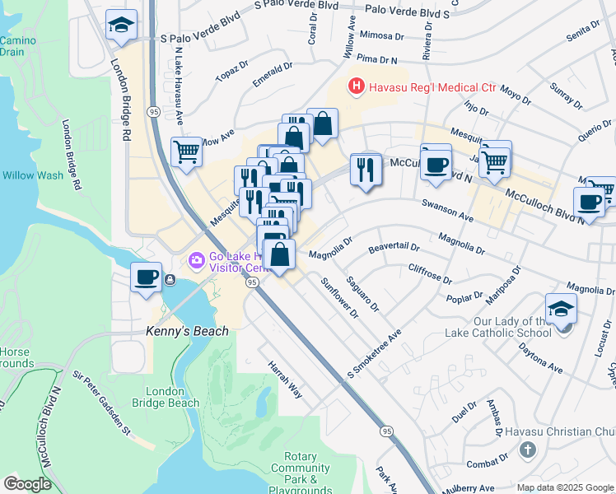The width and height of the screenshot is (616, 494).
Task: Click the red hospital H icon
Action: [x=356, y=86]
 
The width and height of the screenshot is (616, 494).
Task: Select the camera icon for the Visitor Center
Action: [x=196, y=261]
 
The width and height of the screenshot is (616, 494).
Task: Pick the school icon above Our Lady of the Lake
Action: [x=561, y=309]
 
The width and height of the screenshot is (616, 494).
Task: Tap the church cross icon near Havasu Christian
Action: [x=528, y=450]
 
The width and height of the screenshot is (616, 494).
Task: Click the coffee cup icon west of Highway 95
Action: [x=147, y=277]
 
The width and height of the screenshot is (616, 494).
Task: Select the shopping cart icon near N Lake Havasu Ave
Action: [x=187, y=152]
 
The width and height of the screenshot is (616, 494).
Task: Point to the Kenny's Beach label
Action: [x=187, y=331]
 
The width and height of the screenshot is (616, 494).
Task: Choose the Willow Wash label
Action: [x=33, y=175]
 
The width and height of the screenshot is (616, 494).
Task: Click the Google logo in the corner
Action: [x=27, y=484]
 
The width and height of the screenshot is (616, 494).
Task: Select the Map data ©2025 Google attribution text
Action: [x=563, y=487]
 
